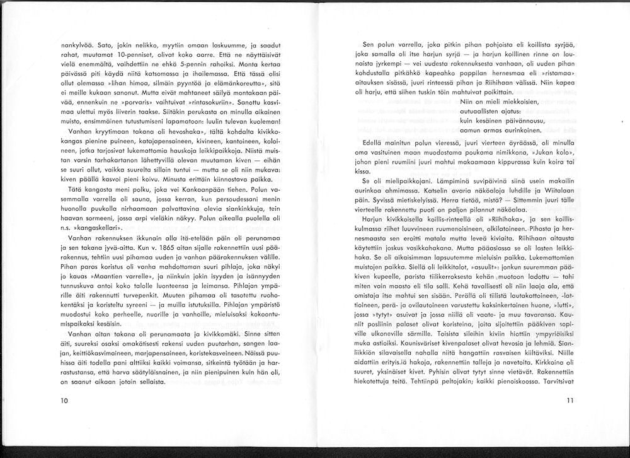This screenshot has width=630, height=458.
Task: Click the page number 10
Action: (64, 401)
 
